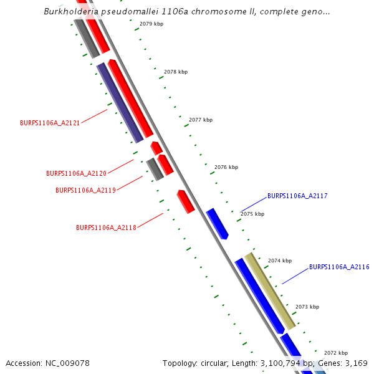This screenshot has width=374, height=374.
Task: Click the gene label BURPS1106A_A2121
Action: [x=50, y=123]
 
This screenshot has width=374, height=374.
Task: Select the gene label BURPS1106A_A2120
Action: [x=76, y=173]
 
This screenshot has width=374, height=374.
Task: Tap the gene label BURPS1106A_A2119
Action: [x=85, y=191]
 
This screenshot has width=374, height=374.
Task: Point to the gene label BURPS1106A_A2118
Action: [x=106, y=228]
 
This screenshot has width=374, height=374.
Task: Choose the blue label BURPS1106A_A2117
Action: [x=297, y=196]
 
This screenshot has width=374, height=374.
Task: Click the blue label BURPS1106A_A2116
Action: [x=339, y=267]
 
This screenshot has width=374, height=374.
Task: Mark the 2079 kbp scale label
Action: [x=151, y=24]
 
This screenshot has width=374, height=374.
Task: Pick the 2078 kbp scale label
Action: [x=176, y=72]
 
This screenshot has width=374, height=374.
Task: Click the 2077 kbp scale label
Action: [x=201, y=120]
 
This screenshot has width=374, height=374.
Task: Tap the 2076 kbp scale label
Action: [x=226, y=167]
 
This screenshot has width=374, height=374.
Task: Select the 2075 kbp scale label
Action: [x=252, y=214]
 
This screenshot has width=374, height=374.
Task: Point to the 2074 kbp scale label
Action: [x=280, y=261]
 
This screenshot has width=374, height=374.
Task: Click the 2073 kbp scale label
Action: [x=307, y=307]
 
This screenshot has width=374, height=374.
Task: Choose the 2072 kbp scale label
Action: [x=336, y=353]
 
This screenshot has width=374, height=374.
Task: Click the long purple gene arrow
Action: [x=120, y=103]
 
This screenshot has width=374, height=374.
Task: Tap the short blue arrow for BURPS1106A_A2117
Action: [x=218, y=224]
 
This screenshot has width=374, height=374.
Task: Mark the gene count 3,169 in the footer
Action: [x=356, y=363]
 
